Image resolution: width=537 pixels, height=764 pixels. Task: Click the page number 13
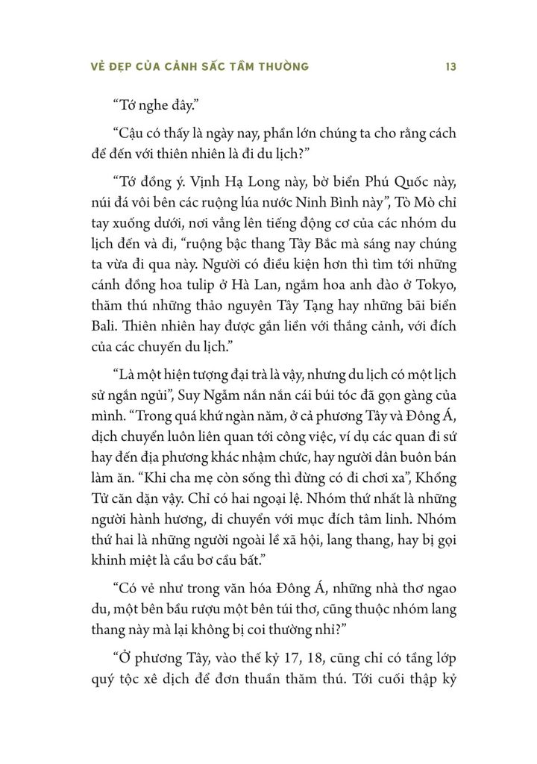pyautogui.click(x=450, y=66)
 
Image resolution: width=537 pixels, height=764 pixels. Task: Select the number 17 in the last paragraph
pyautogui.click(x=280, y=660)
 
